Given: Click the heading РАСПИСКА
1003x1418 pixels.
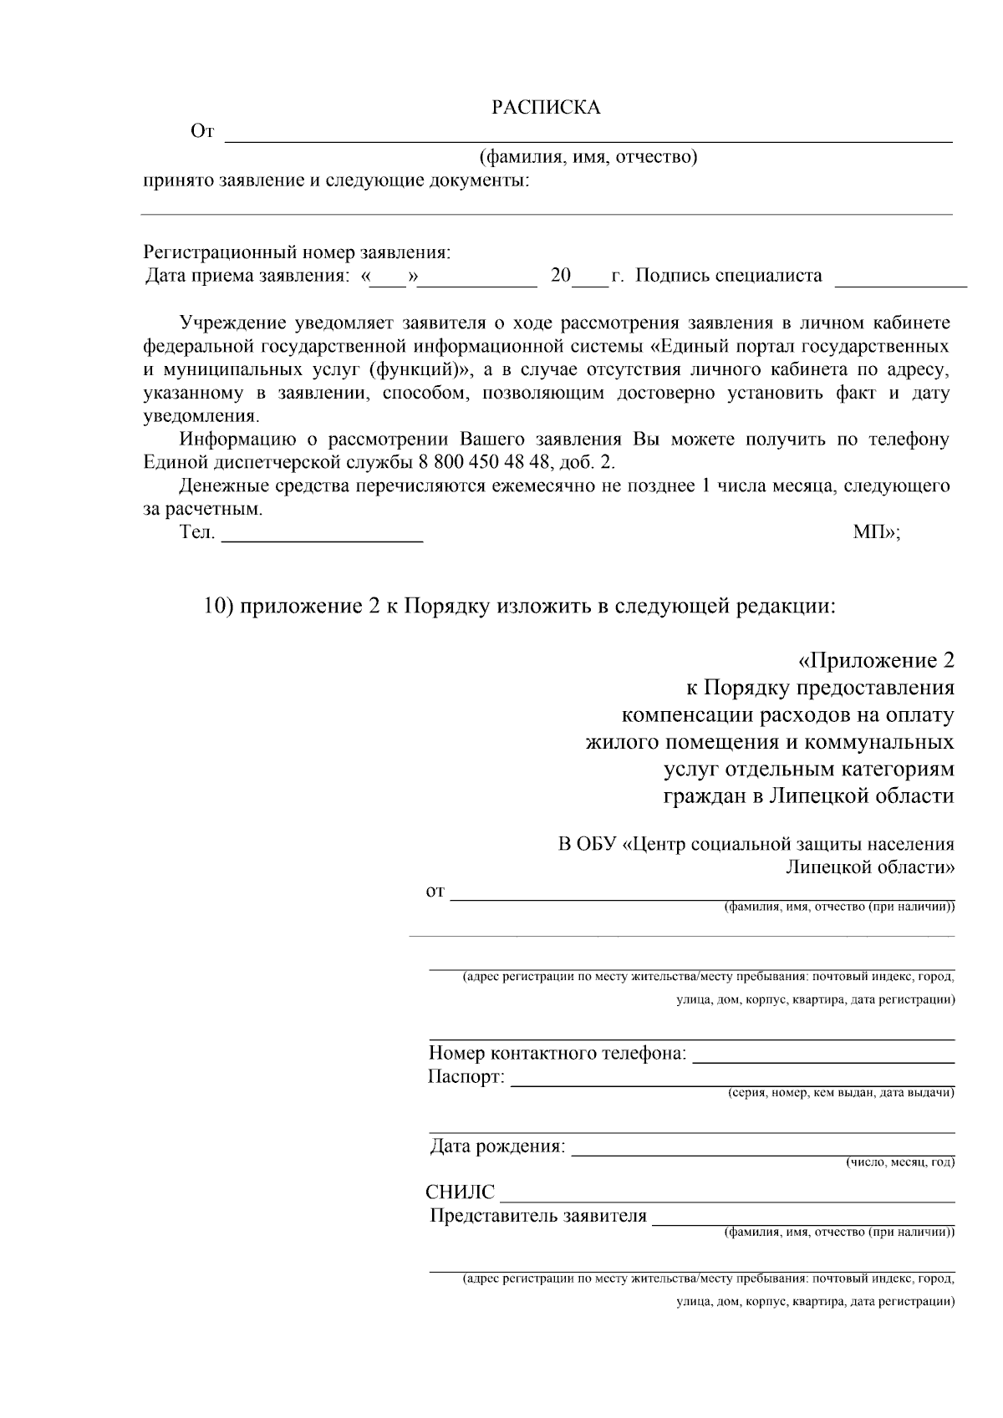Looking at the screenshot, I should click(x=545, y=108).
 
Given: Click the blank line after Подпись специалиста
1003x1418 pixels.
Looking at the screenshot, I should click(x=901, y=285).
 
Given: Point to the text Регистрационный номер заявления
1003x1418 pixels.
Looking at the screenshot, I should click(x=297, y=252).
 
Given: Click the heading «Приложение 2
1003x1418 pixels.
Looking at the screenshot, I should click(x=875, y=661).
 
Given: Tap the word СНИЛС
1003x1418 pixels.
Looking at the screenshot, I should click(x=461, y=1192).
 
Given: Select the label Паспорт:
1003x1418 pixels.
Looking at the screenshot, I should click(x=466, y=1077).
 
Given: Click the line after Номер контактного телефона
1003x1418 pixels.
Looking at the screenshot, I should click(x=823, y=1060).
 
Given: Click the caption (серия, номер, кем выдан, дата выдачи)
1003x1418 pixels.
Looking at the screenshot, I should click(x=841, y=1093).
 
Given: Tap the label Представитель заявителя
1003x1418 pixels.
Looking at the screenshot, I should click(x=538, y=1216).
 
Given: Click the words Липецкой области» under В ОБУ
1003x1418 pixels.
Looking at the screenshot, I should click(x=869, y=867).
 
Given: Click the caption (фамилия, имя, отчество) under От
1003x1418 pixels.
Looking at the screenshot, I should click(x=588, y=157).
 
